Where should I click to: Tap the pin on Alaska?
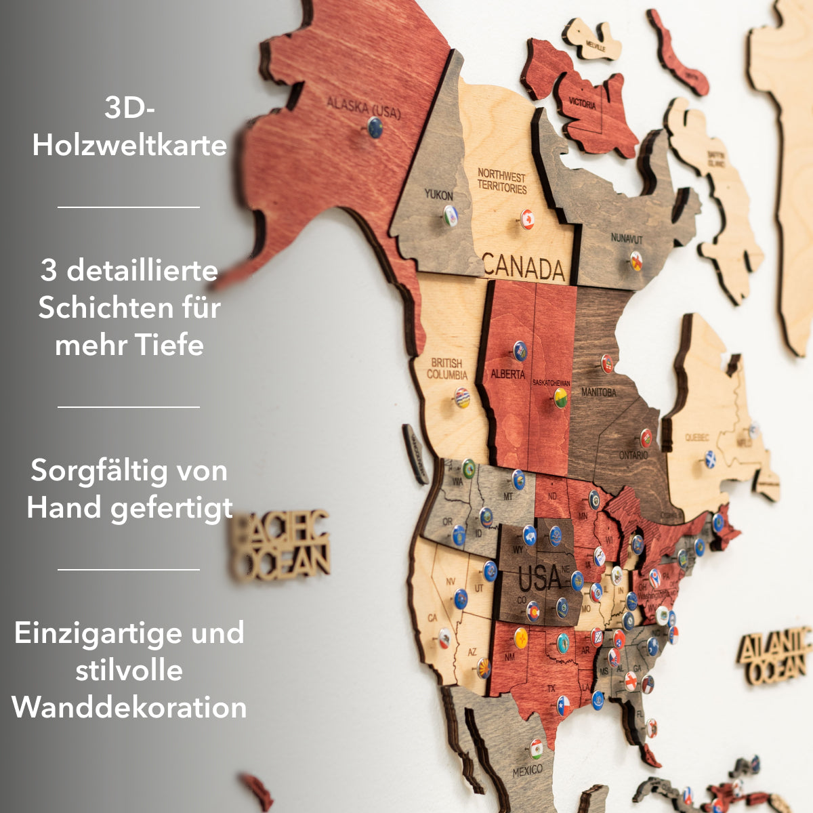(x=375, y=127)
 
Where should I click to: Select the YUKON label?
(x=438, y=195)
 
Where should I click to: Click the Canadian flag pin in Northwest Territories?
(x=528, y=219)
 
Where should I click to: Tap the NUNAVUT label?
(x=626, y=238)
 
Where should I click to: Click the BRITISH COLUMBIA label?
(x=446, y=369)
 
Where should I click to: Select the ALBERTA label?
(x=507, y=374)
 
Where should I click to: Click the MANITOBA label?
(x=598, y=392)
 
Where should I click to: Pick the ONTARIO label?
(x=633, y=455)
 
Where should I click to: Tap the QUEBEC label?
(x=697, y=438)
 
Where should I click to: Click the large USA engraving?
(x=540, y=579)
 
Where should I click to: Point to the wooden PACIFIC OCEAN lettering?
(x=280, y=546)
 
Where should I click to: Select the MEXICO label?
(x=527, y=770)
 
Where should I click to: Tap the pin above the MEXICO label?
(x=537, y=749)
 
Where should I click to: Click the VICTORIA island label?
(x=582, y=105)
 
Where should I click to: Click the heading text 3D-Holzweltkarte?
(x=129, y=127)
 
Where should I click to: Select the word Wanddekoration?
(x=129, y=707)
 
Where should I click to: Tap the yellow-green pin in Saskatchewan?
(x=561, y=398)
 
